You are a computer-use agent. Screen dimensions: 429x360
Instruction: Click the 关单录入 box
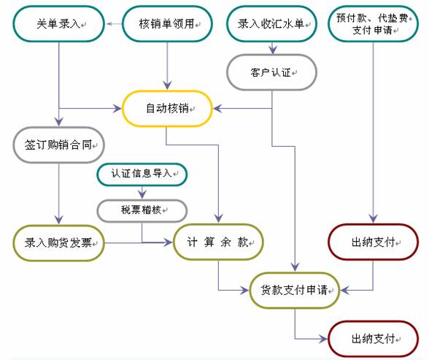[59, 24]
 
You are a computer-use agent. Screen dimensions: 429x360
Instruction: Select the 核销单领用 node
[168, 24]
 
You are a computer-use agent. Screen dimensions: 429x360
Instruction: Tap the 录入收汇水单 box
[272, 24]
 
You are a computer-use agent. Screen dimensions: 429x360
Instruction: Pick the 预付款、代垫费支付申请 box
[374, 24]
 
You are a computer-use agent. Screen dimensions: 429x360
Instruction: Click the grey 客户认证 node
[271, 72]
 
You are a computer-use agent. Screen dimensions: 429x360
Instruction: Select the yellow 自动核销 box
[168, 109]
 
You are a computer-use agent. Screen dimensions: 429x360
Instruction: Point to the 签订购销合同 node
[59, 145]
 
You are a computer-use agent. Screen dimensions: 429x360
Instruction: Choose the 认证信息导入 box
[142, 174]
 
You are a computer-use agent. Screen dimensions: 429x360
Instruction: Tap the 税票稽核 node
[142, 210]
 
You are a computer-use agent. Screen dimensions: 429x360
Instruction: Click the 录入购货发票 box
[59, 242]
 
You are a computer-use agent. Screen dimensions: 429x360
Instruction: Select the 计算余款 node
[218, 242]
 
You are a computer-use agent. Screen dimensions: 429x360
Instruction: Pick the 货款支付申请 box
[295, 290]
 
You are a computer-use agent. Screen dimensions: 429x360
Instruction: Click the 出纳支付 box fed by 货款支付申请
[374, 339]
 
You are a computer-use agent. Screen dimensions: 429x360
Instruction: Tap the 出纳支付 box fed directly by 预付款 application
[374, 242]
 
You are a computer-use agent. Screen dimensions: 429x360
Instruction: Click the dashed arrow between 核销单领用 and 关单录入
[114, 24]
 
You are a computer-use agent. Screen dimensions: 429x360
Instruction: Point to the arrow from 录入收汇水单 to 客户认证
[272, 48]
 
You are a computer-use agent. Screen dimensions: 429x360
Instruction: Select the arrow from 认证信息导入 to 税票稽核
[142, 193]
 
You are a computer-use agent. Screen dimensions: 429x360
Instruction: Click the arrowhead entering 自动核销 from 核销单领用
[168, 85]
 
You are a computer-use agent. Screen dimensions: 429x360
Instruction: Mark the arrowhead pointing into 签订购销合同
[59, 122]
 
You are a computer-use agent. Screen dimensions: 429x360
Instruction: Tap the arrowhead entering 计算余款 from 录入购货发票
[169, 242]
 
